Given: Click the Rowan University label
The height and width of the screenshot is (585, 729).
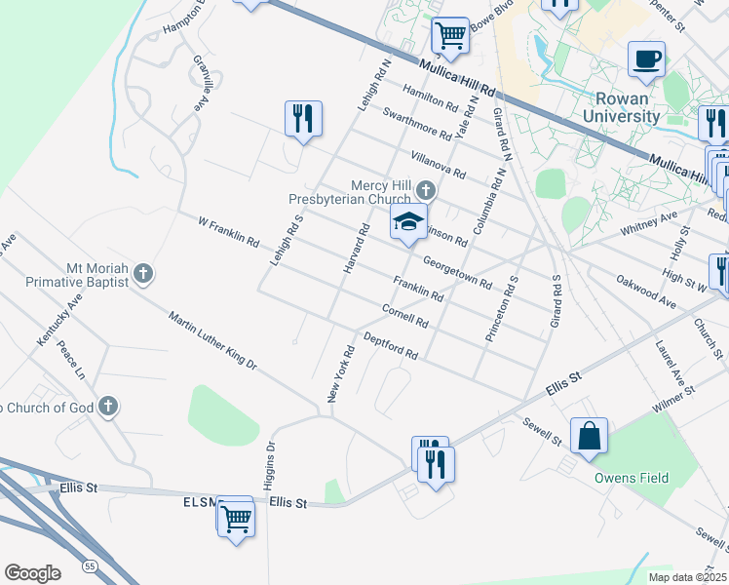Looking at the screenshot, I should [621, 107].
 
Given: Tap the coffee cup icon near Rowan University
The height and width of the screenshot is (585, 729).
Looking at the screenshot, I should [646, 59].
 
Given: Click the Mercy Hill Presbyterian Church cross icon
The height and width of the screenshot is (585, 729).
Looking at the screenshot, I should [425, 189].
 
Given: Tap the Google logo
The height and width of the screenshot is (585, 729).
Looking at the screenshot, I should [32, 572].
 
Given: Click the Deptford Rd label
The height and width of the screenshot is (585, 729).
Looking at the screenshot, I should [390, 346].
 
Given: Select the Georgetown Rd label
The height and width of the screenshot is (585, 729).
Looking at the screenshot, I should [457, 272].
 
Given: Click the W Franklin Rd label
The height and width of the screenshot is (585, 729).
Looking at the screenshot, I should [229, 231].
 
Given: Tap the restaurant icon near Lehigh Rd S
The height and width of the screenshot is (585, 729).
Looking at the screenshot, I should [303, 119].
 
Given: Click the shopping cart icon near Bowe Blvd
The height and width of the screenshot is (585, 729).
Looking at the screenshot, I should [450, 35].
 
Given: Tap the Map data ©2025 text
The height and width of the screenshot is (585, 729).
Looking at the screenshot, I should [688, 577].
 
